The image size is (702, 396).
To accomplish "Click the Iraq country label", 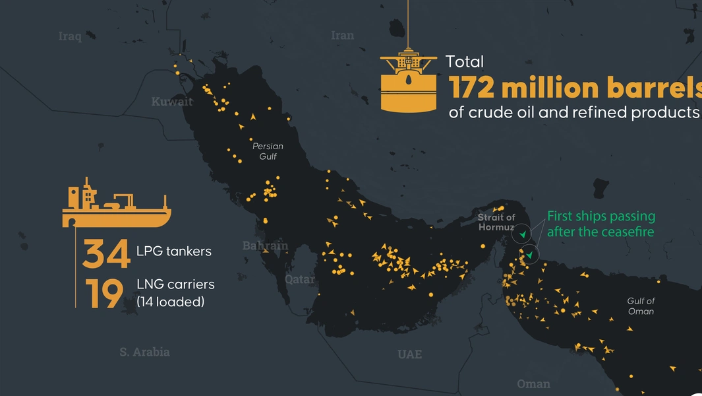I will pyautogui.click(x=70, y=36).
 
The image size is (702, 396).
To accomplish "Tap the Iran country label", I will pyautogui.click(x=342, y=36).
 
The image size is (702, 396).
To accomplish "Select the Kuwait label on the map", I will pyautogui.click(x=172, y=102).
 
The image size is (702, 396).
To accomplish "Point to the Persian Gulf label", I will pyautogui.click(x=268, y=151).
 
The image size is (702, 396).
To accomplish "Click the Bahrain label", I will pyautogui.click(x=265, y=246).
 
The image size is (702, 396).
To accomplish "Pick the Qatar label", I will pyautogui.click(x=300, y=279).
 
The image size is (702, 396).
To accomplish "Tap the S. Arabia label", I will pyautogui.click(x=144, y=352).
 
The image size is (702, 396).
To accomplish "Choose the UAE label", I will pyautogui.click(x=409, y=354).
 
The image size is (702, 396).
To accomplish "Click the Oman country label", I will pyautogui.click(x=533, y=383).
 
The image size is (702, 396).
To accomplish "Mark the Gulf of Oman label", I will pyautogui.click(x=641, y=306).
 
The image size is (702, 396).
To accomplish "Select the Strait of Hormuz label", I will pyautogui.click(x=496, y=222).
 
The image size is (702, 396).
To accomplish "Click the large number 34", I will pyautogui.click(x=106, y=254).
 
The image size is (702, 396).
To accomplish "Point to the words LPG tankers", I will pyautogui.click(x=174, y=251).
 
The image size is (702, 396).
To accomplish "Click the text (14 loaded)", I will pyautogui.click(x=171, y=302).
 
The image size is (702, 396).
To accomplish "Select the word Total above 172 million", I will pyautogui.click(x=465, y=62).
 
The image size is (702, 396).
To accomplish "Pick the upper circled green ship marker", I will pyautogui.click(x=522, y=234).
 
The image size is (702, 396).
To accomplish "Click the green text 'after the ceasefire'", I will pyautogui.click(x=600, y=232).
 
